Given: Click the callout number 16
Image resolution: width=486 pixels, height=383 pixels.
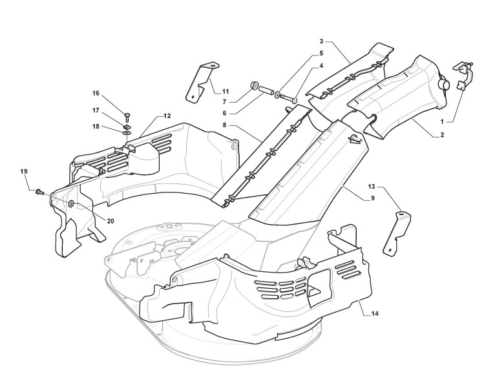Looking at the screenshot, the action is pyautogui.click(x=96, y=93).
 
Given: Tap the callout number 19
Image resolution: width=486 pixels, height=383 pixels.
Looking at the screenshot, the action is pyautogui.click(x=24, y=171).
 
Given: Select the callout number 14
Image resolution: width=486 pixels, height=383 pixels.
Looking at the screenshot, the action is pyautogui.click(x=375, y=314).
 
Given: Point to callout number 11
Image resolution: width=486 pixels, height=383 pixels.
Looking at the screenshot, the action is pyautogui.click(x=226, y=92).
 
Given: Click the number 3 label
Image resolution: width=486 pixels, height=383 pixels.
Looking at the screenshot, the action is pyautogui.click(x=321, y=41).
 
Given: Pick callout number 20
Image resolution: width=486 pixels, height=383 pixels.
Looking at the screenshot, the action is pyautogui.click(x=111, y=222).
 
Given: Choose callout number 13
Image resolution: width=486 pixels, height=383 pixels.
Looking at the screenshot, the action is pyautogui.click(x=372, y=187).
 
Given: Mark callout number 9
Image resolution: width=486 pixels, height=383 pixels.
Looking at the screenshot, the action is pyautogui.click(x=372, y=198).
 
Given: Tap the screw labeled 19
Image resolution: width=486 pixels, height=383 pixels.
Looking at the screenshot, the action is pyautogui.click(x=39, y=191).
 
